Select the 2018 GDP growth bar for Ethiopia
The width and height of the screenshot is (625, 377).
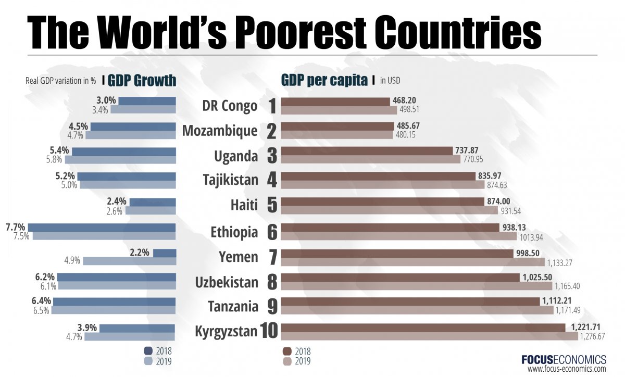102,227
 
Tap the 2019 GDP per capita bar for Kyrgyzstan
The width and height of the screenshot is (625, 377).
430,336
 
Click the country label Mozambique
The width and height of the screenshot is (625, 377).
220,131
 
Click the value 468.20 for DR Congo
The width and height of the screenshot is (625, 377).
404,100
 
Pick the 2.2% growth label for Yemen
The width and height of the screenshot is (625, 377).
140,253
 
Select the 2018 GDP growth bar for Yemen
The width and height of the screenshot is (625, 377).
165,253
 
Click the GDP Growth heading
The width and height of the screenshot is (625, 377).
142,81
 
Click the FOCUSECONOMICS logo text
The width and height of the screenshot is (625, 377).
564,359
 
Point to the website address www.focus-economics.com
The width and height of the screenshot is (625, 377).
567,369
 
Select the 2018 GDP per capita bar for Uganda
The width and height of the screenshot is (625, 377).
367,150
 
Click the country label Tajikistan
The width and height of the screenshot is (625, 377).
230,181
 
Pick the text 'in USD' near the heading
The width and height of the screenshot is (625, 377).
390,81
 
